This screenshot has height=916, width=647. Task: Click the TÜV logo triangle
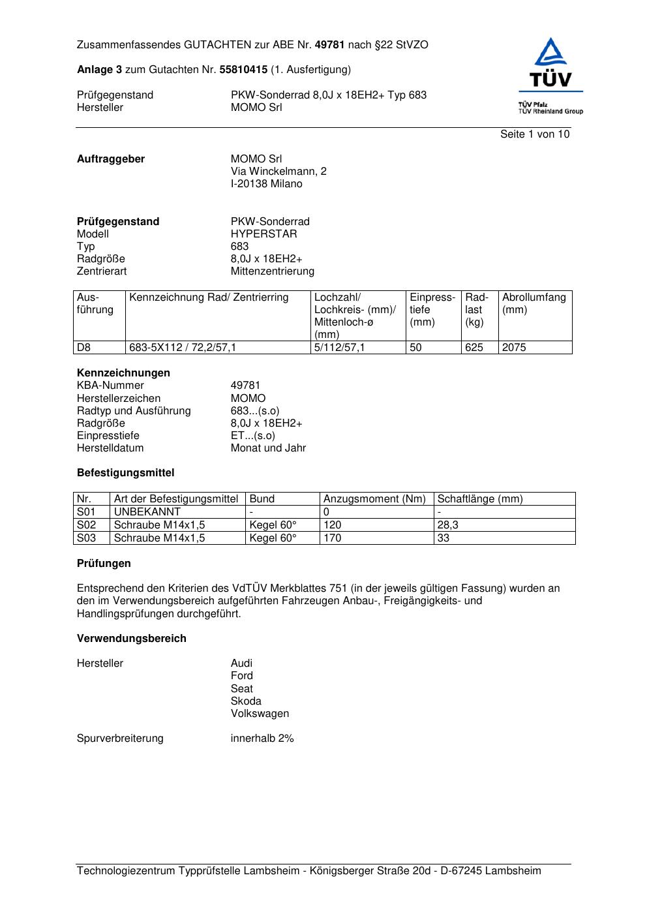pos(551,53)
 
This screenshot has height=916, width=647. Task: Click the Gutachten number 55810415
pos(243,69)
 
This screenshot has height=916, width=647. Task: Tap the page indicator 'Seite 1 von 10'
pos(534,134)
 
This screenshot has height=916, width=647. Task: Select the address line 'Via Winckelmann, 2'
pos(278,172)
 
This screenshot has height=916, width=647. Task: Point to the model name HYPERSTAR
pos(263,234)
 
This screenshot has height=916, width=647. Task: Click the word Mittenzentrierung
pos(272,271)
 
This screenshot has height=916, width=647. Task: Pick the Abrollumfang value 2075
pos(514,348)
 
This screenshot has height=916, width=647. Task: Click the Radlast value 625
pos(474,348)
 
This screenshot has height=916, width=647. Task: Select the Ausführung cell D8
pos(84,348)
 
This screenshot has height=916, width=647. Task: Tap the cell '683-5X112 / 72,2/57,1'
pos(183,348)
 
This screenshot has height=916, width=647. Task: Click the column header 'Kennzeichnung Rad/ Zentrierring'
pos(209,298)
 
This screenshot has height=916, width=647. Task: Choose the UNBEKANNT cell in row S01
pos(147,512)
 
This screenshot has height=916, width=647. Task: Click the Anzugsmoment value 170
pos(332,538)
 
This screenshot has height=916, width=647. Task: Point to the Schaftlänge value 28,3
pos(447,525)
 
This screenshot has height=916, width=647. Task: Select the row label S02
pos(86,525)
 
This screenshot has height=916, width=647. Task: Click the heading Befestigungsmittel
pos(125,473)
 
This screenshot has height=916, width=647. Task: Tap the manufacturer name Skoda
pos(246,701)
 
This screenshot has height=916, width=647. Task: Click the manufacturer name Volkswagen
pos(260,714)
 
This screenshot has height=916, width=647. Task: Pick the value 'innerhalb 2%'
pos(262,739)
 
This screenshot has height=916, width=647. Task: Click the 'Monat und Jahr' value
pos(268,448)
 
